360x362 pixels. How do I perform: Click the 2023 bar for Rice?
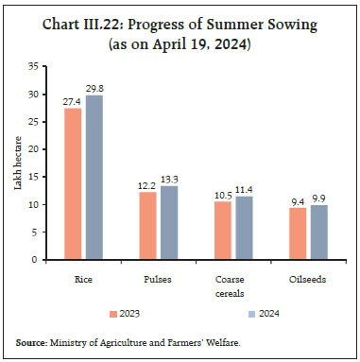coord(73,183)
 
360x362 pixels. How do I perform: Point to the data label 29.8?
coord(94,89)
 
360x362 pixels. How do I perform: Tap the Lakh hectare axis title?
coord(16,163)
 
